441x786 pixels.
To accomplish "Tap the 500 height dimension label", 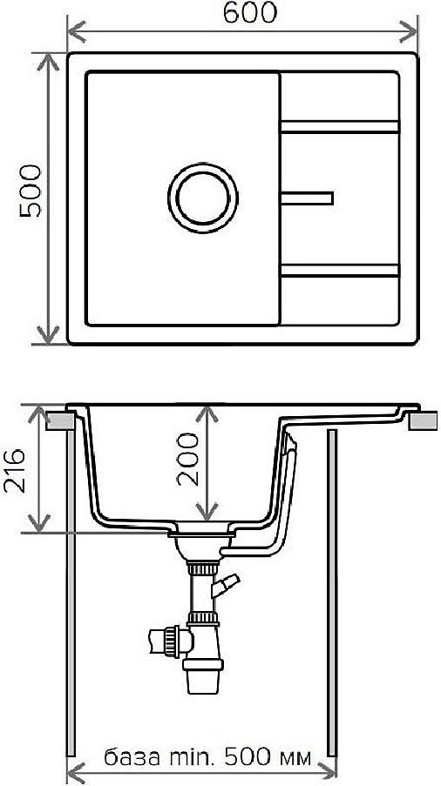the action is tap(31, 191).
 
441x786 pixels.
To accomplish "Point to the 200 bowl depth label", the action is tap(187, 460).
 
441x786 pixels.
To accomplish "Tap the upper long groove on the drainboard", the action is tap(340, 127).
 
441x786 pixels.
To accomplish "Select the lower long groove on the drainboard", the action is tap(340, 271).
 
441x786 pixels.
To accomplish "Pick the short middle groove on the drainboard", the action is tap(307, 198).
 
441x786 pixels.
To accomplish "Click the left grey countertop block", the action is tap(61, 420).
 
